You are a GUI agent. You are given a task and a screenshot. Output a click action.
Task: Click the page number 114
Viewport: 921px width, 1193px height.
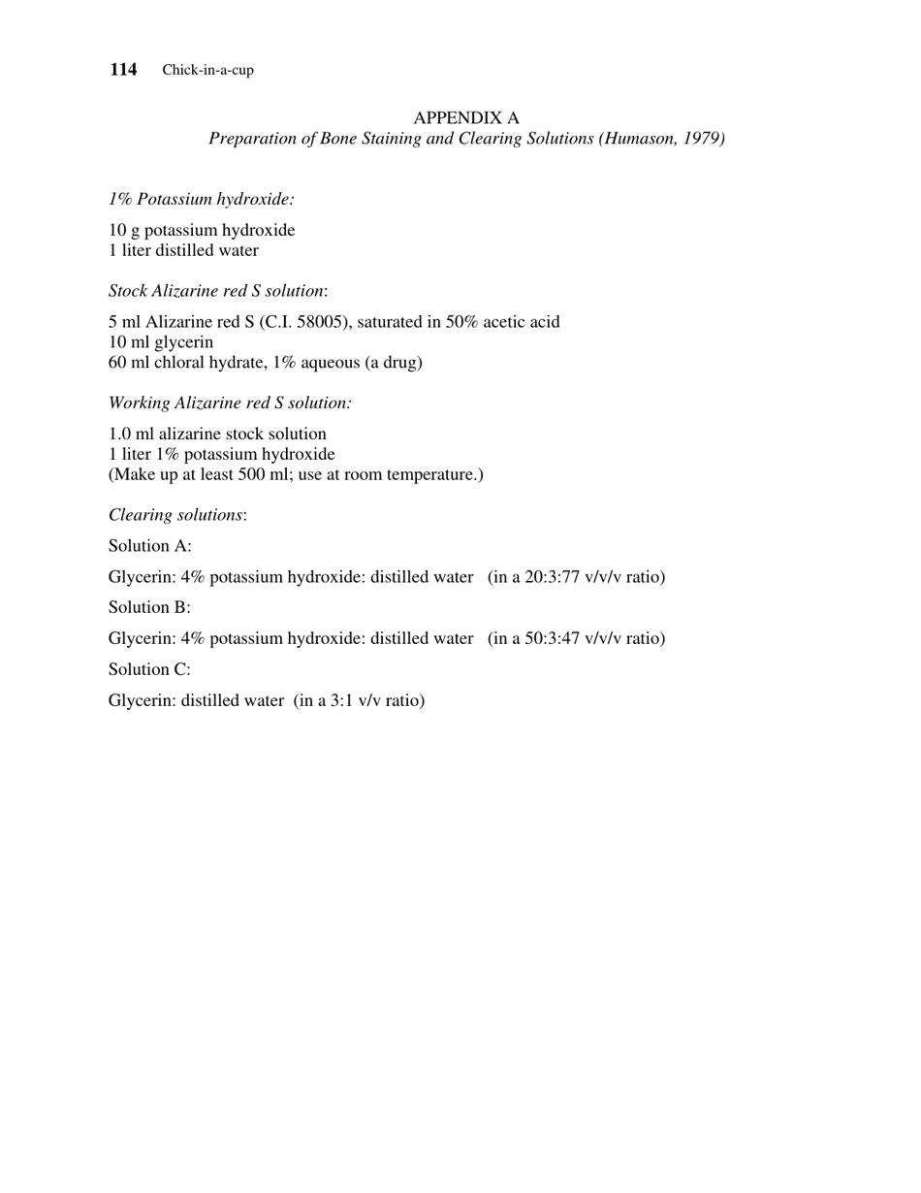coord(123,69)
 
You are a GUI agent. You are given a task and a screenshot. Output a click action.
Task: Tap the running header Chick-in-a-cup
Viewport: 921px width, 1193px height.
coord(207,70)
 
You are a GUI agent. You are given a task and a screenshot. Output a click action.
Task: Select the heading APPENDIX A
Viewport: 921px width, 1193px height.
coord(466,117)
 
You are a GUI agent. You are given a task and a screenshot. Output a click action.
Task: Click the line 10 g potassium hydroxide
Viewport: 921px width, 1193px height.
coord(202,230)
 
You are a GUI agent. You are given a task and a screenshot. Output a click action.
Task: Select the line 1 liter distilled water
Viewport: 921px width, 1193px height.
coord(183,250)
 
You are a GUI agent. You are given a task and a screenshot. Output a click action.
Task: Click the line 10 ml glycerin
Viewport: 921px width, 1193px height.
coord(161,341)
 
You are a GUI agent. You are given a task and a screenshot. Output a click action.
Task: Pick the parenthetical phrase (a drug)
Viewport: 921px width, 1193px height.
coord(394,362)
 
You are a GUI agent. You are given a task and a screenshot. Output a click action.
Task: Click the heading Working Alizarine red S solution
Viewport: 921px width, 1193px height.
coord(230,402)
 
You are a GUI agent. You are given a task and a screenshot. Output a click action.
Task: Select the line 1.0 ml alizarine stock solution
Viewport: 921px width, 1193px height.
coord(217,434)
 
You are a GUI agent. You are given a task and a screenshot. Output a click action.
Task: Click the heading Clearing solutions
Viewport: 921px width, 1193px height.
coord(176,514)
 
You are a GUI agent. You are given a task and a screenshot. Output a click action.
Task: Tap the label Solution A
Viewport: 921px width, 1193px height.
coord(150,545)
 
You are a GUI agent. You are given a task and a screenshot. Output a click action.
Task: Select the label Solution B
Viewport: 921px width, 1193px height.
coord(150,607)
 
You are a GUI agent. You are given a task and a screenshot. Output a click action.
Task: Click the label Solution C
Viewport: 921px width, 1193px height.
coord(150,669)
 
